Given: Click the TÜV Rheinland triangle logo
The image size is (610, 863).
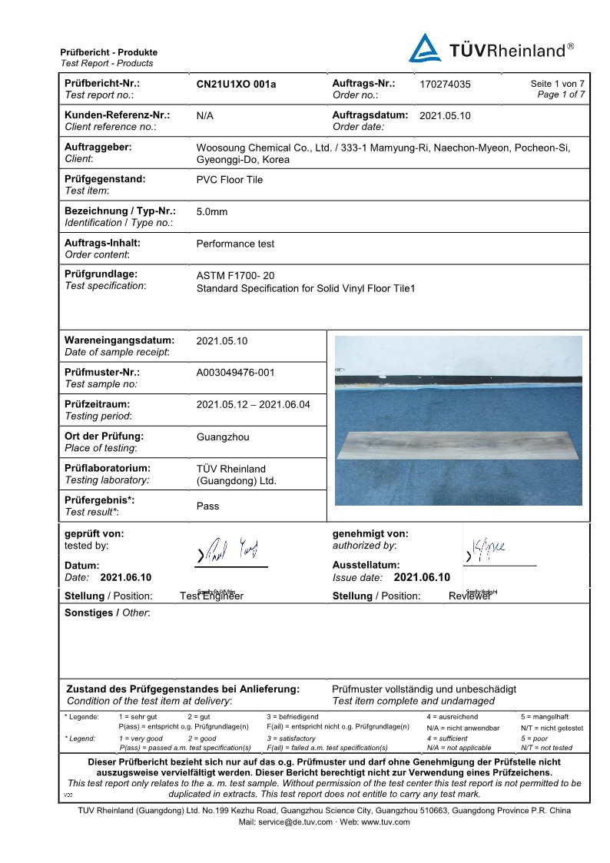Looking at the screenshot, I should (x=425, y=48).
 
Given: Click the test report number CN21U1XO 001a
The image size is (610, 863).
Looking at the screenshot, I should (x=236, y=85).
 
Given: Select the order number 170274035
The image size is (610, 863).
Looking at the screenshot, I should (x=446, y=85).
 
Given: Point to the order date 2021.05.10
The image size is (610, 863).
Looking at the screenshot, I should (x=445, y=116).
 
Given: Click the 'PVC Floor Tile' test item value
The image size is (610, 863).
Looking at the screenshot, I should (x=230, y=180).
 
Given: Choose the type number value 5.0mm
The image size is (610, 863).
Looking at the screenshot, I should (x=212, y=212).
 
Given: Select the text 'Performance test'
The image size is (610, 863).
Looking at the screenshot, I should (x=235, y=244).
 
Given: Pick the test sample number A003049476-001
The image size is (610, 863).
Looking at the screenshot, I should (x=235, y=373).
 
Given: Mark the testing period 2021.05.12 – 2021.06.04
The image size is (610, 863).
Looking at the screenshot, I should (x=254, y=404).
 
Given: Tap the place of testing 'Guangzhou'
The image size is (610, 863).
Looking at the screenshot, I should (x=223, y=436).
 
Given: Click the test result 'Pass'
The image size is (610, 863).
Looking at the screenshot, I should (x=207, y=506).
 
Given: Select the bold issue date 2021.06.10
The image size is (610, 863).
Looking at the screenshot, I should (x=421, y=577).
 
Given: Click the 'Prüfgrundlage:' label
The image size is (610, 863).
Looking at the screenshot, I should (x=101, y=274).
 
